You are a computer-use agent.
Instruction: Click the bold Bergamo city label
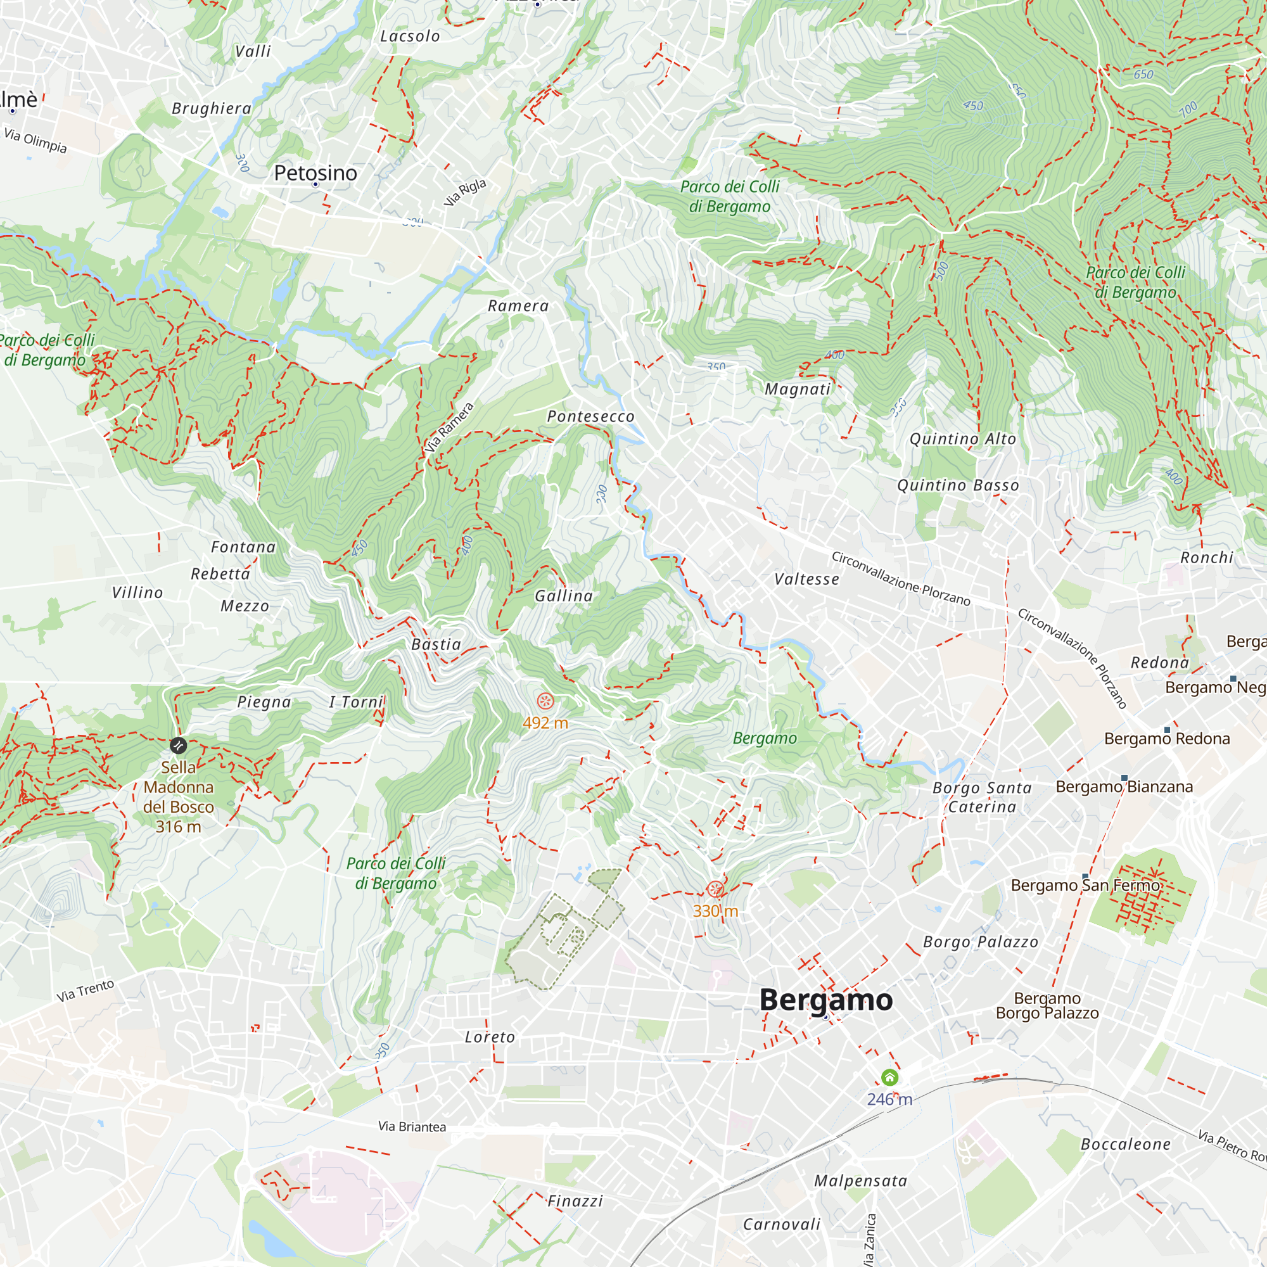point(825,1000)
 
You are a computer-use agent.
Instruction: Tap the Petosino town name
point(315,173)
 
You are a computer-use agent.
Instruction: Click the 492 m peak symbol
point(545,701)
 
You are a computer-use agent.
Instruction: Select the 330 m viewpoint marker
point(715,889)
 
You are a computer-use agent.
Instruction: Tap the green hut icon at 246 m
point(889,1077)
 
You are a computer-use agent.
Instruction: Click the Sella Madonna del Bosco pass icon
point(178,746)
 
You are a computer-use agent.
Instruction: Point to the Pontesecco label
point(591,416)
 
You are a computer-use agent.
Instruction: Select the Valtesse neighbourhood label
point(806,579)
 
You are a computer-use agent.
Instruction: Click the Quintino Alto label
point(963,439)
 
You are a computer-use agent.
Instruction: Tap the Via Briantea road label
point(412,1126)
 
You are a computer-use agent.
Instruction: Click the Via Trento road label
point(86,990)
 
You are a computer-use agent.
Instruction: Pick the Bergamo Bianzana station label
point(1124,786)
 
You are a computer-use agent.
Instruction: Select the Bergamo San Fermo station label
point(1085,886)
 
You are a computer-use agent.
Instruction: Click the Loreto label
point(490,1037)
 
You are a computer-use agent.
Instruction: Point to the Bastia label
point(436,644)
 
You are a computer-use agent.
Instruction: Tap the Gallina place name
point(564,595)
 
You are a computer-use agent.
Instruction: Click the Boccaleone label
point(1125,1144)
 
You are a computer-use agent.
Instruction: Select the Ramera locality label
point(518,305)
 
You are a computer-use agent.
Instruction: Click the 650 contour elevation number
point(1143,74)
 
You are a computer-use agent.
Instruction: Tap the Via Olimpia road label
point(35,139)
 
